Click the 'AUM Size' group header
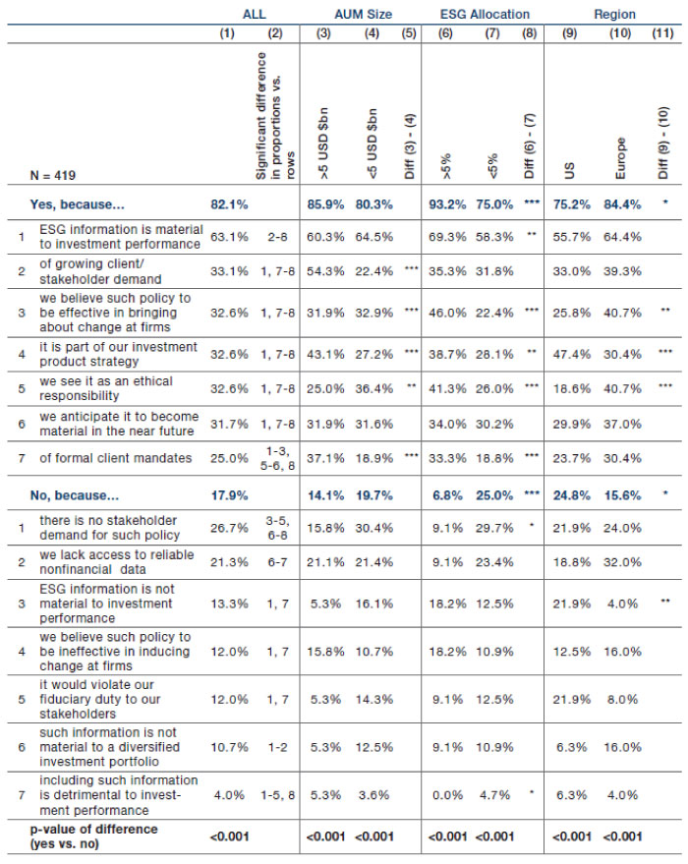tap(363, 15)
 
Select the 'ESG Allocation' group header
tap(485, 15)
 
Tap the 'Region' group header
tap(614, 15)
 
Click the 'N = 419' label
tap(53, 176)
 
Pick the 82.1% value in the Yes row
tap(229, 204)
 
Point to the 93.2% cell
tap(447, 204)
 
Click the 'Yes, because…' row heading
tap(77, 204)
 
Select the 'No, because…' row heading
tap(75, 495)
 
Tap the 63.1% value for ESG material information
tap(229, 237)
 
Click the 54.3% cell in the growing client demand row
tap(325, 271)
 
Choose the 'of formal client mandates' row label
tap(116, 458)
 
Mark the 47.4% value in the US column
tap(572, 354)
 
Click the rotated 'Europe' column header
tap(620, 158)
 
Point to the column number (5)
tap(409, 33)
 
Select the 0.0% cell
tap(447, 795)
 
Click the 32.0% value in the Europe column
tap(622, 562)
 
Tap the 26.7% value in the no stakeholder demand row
tap(229, 528)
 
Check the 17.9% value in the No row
tap(229, 495)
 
